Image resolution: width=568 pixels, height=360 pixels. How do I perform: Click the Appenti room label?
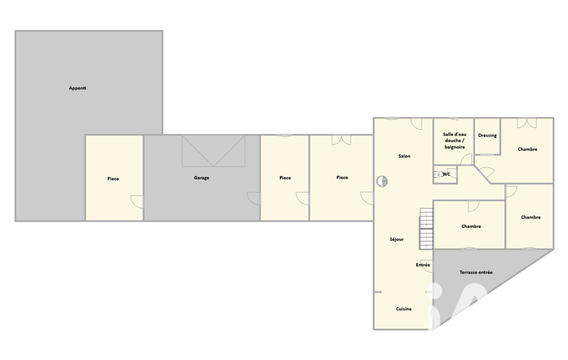click(x=78, y=88)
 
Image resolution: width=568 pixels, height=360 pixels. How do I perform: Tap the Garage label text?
click(x=201, y=178)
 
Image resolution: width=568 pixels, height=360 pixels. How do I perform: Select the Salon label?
click(x=405, y=156)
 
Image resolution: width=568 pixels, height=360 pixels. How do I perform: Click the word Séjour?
click(x=397, y=239)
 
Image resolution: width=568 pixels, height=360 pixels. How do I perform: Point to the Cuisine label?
click(x=403, y=309)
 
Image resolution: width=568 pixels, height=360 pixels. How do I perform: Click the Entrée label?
click(x=423, y=265)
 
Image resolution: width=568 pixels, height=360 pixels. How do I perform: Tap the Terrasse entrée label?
click(x=476, y=272)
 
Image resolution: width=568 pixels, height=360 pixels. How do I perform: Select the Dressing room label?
click(x=487, y=136)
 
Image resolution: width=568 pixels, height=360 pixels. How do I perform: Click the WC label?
click(x=446, y=174)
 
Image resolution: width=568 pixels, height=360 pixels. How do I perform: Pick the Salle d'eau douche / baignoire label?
click(x=454, y=141)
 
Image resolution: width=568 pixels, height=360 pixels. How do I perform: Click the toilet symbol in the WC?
click(x=438, y=174)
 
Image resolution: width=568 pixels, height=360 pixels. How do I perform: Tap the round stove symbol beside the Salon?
click(x=382, y=181)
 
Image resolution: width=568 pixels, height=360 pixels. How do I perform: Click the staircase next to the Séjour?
click(x=426, y=229)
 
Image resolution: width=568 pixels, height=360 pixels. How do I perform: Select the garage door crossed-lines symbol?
click(x=214, y=151)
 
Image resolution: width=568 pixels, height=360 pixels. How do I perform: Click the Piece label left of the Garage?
click(x=113, y=179)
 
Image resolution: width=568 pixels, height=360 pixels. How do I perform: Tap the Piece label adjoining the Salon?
click(x=342, y=177)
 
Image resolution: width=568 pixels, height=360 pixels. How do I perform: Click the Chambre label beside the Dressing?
click(x=527, y=149)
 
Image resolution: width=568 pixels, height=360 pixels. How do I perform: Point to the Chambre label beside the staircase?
click(x=471, y=227)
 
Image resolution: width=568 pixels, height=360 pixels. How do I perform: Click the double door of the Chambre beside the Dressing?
click(x=526, y=123)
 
